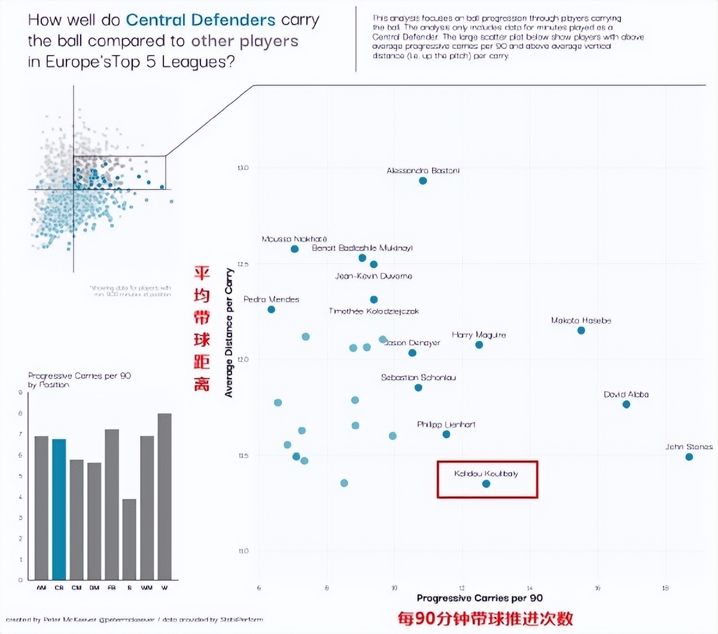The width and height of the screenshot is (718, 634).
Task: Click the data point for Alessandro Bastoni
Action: click(423, 181)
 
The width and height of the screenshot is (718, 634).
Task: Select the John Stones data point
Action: click(689, 457)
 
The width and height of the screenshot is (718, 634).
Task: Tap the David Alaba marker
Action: click(626, 404)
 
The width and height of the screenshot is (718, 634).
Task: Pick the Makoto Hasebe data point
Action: click(581, 330)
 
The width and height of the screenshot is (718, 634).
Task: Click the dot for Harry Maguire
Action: click(479, 345)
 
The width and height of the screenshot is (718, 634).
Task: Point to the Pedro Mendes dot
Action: click(271, 309)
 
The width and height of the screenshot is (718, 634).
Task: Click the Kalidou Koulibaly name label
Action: click(486, 474)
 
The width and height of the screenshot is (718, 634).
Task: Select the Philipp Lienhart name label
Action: click(446, 425)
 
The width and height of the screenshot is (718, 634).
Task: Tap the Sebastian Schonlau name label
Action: click(418, 377)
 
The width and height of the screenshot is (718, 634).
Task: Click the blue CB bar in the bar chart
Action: click(59, 508)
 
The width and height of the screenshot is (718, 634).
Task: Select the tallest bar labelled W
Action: click(165, 496)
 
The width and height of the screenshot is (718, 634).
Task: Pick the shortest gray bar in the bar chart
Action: click(129, 539)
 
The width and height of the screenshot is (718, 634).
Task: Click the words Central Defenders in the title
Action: click(200, 20)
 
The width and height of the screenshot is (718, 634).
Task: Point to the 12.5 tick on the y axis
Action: click(243, 264)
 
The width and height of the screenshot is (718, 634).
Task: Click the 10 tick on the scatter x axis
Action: click(394, 588)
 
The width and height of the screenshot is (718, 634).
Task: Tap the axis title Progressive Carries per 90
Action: click(479, 598)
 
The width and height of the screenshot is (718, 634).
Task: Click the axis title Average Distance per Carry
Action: click(229, 333)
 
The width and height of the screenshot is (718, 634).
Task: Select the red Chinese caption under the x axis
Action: click(485, 619)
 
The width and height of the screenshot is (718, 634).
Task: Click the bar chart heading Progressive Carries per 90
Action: click(79, 376)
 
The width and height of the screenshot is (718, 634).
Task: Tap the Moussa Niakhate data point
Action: click(294, 249)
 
